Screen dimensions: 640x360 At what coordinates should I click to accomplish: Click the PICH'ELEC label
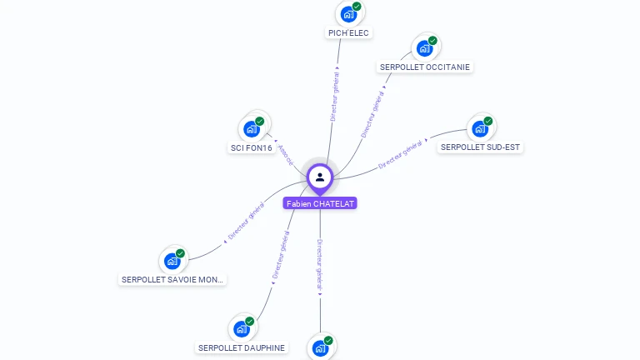tap(348, 33)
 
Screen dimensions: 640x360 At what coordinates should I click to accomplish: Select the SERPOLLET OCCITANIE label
tap(425, 67)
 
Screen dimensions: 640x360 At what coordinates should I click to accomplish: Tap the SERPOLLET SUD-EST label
tap(480, 147)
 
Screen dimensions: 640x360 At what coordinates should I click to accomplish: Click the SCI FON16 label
tap(252, 148)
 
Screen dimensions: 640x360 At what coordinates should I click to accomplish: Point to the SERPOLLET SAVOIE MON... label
tap(173, 280)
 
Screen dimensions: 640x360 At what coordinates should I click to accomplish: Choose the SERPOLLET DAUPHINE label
tap(242, 347)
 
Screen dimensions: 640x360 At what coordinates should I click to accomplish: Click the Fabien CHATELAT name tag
tap(320, 203)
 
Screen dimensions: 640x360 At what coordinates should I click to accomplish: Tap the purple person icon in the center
tap(320, 177)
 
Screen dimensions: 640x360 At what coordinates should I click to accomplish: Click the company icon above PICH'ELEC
tap(348, 14)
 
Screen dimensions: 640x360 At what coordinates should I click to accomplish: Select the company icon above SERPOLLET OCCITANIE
tap(424, 48)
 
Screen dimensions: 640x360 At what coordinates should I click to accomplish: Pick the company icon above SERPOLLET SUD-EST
tap(479, 128)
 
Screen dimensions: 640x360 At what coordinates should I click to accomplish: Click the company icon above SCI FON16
tap(251, 129)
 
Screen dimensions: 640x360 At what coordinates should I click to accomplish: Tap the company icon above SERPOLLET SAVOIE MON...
tap(172, 261)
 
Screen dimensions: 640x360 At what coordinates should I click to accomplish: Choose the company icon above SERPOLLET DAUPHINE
tap(241, 328)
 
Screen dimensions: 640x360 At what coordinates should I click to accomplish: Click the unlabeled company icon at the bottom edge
tap(320, 348)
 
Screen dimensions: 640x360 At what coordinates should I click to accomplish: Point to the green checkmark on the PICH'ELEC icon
tap(357, 7)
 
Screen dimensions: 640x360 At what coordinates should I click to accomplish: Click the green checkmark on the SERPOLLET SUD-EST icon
tap(488, 121)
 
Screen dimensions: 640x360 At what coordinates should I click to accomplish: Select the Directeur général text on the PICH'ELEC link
tap(335, 97)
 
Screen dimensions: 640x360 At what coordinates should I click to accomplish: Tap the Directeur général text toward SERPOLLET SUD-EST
tap(402, 155)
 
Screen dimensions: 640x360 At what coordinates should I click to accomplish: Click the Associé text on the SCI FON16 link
tap(286, 155)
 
